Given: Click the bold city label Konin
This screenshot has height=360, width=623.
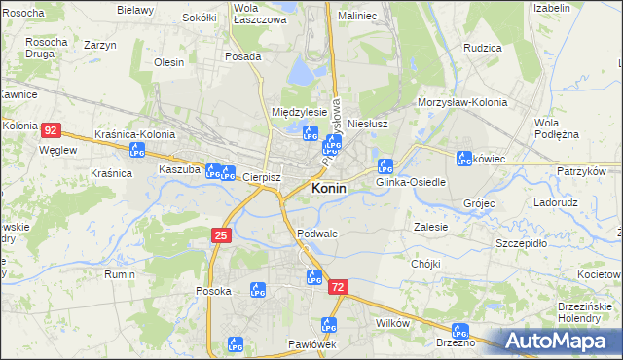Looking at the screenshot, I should (x=328, y=188).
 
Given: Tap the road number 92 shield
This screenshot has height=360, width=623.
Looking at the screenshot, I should (x=52, y=129).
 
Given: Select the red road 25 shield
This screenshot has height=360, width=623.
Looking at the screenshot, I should (x=221, y=235).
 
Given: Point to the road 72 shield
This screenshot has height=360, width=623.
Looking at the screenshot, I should (x=338, y=287).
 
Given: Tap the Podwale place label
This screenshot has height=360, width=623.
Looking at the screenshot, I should (x=317, y=234).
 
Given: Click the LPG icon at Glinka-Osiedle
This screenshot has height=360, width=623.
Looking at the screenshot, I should (x=385, y=165).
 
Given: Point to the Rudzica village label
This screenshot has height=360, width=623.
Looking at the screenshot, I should (x=483, y=47).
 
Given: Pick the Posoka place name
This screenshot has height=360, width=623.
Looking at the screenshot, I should (x=213, y=291).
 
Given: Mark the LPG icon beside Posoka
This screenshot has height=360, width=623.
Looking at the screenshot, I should (x=258, y=289).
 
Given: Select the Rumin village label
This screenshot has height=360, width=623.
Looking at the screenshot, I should (x=121, y=274).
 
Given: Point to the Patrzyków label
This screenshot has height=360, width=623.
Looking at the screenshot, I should (x=581, y=171).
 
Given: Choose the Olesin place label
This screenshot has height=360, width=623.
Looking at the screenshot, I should (x=169, y=62).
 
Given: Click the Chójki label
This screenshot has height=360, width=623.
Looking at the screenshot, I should (x=426, y=264).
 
